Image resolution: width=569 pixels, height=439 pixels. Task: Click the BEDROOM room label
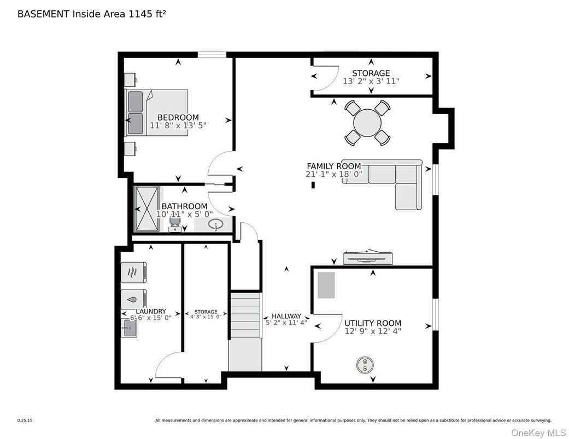[178, 117]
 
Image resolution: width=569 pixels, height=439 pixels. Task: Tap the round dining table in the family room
[367, 122]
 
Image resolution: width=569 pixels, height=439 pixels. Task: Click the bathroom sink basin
[215, 224]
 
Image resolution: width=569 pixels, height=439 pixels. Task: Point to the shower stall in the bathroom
[146, 209]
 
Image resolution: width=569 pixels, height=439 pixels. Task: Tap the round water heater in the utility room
[365, 364]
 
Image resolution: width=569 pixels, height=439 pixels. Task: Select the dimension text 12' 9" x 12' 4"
[373, 331]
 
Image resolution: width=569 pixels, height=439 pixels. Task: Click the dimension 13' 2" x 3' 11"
[371, 81]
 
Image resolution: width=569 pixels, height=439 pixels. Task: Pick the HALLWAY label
[286, 316]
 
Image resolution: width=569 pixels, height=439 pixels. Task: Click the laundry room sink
[129, 328]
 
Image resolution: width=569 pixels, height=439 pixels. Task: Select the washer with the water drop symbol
[133, 299]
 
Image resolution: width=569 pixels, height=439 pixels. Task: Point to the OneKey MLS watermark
[538, 432]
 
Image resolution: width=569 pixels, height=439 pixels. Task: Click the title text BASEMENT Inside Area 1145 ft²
[92, 14]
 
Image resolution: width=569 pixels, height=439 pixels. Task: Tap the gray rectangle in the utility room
[326, 285]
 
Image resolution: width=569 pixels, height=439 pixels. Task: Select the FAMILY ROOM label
[334, 166]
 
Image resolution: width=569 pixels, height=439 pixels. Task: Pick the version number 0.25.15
[25, 420]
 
